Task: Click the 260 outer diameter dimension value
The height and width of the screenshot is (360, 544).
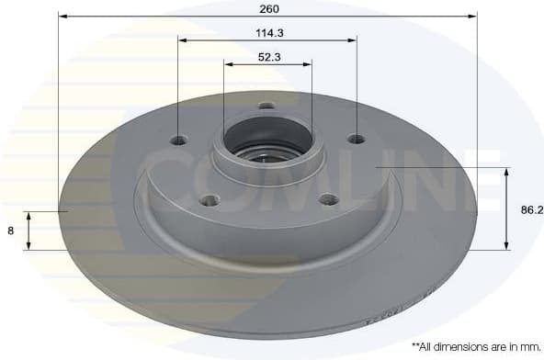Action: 268,8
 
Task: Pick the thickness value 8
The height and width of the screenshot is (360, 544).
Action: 11,231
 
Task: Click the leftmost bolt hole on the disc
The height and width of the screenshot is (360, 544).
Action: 180,141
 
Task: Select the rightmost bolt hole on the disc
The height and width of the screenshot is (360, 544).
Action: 356,140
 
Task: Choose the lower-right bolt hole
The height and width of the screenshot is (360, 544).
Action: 324,199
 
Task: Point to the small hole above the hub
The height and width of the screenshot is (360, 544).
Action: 266,106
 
